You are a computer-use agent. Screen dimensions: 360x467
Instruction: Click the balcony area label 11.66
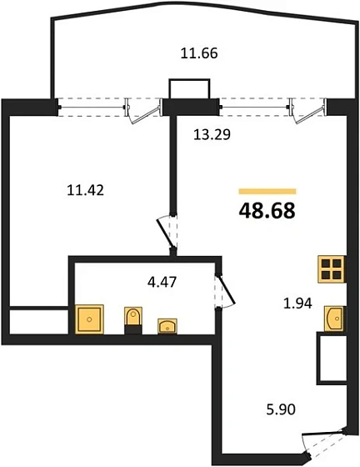(199, 53)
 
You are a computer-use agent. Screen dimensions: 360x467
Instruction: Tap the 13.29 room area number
(212, 135)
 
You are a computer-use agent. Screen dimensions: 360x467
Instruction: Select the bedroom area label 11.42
(86, 190)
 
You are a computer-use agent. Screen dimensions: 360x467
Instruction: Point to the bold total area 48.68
(267, 210)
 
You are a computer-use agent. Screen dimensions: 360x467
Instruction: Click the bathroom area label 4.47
(162, 282)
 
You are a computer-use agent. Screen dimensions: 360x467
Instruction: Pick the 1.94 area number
(297, 304)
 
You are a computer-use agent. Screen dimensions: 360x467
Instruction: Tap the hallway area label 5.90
(281, 409)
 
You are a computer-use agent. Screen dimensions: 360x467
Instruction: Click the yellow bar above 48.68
(267, 191)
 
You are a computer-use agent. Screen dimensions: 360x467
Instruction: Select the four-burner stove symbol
(332, 269)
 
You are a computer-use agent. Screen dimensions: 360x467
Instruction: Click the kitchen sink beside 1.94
(335, 319)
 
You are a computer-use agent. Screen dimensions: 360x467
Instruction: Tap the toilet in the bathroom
(133, 320)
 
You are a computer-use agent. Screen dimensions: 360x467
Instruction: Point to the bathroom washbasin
(167, 326)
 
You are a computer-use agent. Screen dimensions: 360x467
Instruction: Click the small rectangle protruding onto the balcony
(189, 88)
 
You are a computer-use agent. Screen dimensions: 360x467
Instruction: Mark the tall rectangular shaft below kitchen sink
(332, 359)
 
